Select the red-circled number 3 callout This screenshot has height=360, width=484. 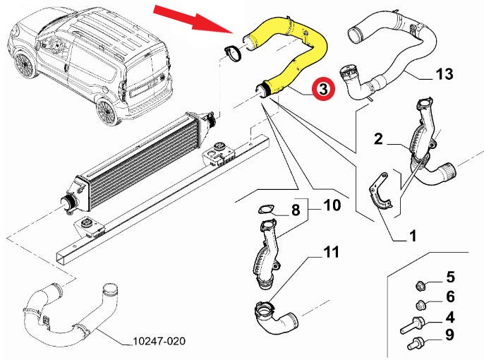[x=323, y=90]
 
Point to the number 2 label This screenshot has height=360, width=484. [x=378, y=140]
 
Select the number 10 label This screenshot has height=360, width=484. [x=332, y=206]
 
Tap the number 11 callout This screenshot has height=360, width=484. [x=332, y=252]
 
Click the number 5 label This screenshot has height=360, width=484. [x=449, y=277]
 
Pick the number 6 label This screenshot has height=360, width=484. [x=449, y=296]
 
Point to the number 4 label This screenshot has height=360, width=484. [x=449, y=318]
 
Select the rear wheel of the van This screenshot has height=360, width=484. [x=107, y=111]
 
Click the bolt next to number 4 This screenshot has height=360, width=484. [x=412, y=327]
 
